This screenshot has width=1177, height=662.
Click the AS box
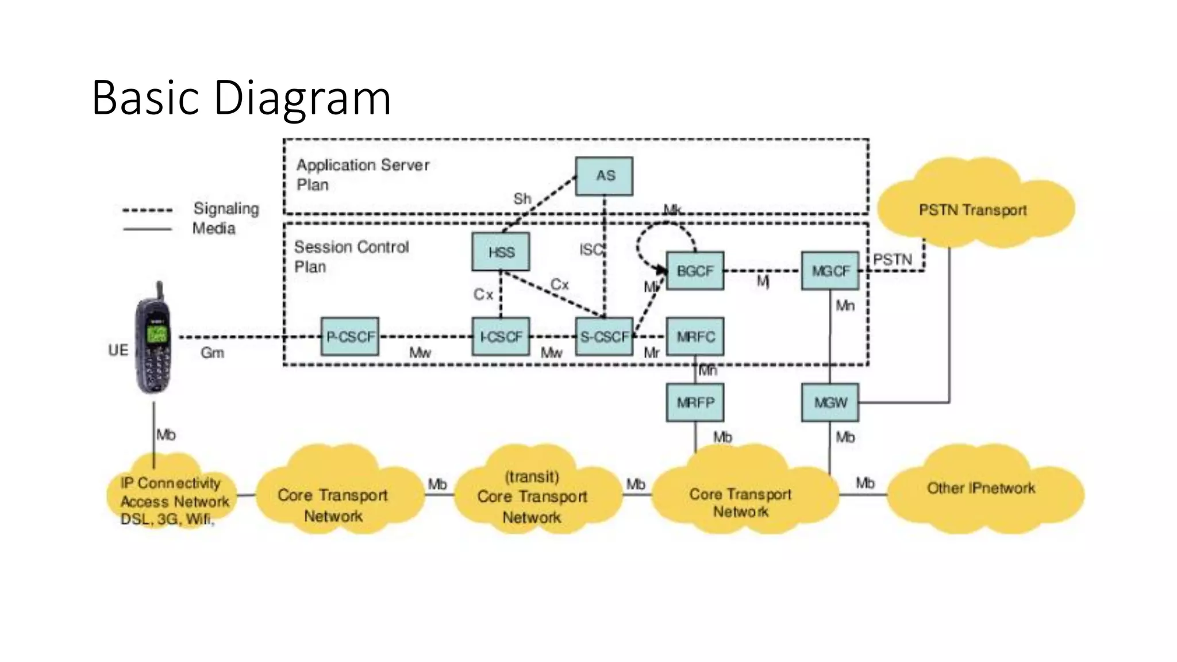[x=604, y=176]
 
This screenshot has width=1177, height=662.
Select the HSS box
[x=501, y=252]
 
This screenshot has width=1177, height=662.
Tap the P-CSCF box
[x=349, y=336]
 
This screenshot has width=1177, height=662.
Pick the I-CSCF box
[x=501, y=336]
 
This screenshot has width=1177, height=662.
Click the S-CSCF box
[x=604, y=336]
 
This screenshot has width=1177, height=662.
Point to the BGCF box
[x=695, y=271]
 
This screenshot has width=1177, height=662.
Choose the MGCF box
[x=830, y=271]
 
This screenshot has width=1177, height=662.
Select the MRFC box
[x=695, y=336]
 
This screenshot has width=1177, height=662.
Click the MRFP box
[x=695, y=402]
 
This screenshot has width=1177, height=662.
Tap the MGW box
[x=830, y=402]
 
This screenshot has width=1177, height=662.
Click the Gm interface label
[x=212, y=352]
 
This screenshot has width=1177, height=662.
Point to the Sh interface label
[x=522, y=199]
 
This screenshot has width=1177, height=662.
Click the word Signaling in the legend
[x=226, y=208]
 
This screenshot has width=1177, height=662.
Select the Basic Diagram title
[x=241, y=98]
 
